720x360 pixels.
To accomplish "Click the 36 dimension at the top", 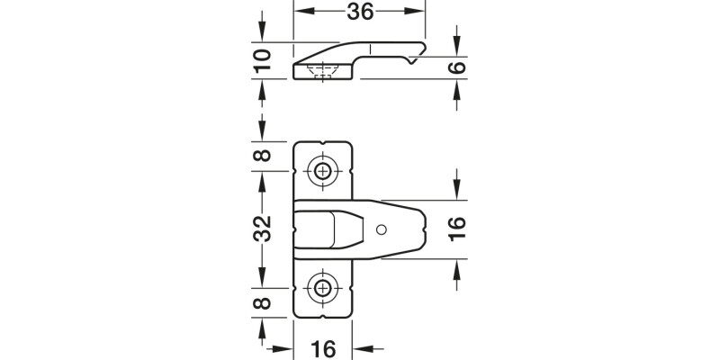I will pos(359,11).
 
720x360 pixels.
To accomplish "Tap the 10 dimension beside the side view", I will pos(262,60).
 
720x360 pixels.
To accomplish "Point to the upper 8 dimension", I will pos(262,155).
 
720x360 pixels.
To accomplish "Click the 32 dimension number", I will pos(262,229).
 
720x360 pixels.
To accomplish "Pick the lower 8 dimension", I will pos(262,303).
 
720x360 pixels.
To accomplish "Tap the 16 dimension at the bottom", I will pos(323,347).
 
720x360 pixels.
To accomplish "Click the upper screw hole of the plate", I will pos(323,170).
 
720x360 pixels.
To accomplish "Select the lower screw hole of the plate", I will pos(323,288).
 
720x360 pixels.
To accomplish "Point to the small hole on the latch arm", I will pos(382,229).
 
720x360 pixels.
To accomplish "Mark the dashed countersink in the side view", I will pos(322,71).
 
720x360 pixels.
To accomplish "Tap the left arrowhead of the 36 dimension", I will pos(300,11).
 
